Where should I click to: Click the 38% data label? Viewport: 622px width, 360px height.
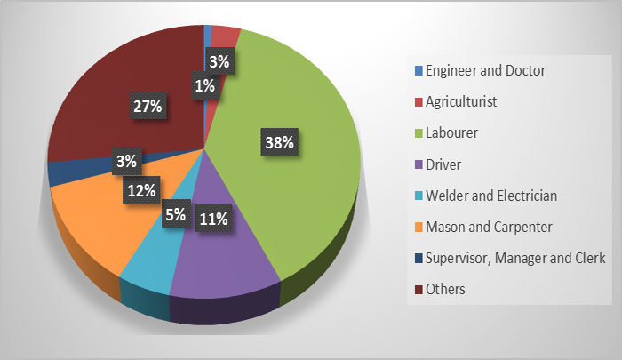click(x=279, y=142)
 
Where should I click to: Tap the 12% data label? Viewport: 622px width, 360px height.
click(x=142, y=190)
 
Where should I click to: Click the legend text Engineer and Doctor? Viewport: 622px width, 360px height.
click(x=485, y=70)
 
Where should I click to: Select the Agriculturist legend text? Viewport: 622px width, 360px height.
click(x=460, y=101)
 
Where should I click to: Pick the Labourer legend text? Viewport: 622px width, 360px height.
click(x=452, y=132)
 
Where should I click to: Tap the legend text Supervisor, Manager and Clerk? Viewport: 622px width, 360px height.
click(x=516, y=258)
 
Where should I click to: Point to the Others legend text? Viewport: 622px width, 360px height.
click(x=445, y=289)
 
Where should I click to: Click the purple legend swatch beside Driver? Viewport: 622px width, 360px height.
click(x=417, y=164)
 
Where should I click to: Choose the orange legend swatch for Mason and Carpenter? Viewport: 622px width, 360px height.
click(x=417, y=227)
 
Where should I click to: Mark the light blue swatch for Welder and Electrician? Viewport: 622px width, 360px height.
click(x=417, y=196)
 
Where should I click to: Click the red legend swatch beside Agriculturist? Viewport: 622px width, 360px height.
click(x=417, y=101)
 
